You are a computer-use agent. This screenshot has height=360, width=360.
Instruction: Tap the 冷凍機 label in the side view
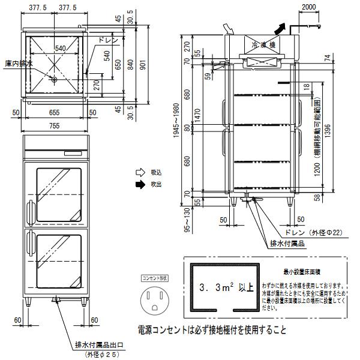click(262, 44)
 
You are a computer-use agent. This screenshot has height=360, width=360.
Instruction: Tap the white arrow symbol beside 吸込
click(140, 172)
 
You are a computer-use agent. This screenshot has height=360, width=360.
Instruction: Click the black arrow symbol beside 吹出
click(140, 184)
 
